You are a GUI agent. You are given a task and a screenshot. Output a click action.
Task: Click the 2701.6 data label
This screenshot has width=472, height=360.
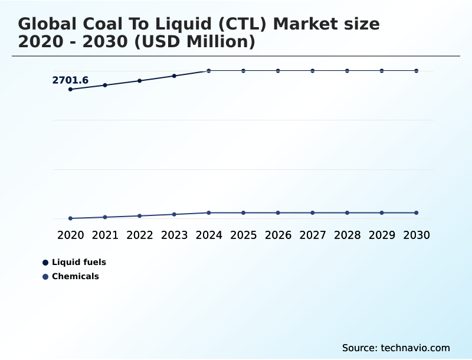[70, 80]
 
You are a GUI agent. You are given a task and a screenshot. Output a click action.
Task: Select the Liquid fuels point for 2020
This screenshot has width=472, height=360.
[70, 89]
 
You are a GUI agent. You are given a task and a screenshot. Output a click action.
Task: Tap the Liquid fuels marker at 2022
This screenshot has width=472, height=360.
[140, 81]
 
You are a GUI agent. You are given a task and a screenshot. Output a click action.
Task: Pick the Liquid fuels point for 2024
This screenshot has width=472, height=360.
[209, 71]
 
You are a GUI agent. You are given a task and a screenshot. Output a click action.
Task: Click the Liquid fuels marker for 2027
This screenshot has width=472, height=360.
[313, 71]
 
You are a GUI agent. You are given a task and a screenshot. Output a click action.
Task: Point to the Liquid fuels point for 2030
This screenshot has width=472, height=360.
[417, 71]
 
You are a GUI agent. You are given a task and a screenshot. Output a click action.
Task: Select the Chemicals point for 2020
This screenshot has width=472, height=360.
[70, 218]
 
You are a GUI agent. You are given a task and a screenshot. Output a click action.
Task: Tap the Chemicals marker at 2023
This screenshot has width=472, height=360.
[174, 214]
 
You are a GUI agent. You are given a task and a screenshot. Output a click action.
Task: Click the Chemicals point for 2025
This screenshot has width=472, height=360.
[243, 212]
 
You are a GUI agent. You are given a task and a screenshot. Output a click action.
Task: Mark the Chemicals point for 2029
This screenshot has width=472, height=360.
[382, 212]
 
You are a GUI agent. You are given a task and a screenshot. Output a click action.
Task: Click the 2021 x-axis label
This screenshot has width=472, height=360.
[105, 235]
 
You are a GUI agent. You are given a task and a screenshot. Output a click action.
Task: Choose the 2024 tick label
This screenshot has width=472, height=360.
[209, 235]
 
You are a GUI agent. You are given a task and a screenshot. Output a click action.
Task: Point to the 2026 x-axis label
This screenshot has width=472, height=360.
[278, 235]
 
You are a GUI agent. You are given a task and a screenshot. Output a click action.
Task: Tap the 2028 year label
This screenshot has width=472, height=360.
[348, 235]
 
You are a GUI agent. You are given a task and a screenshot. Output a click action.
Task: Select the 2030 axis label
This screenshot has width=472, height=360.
[417, 235]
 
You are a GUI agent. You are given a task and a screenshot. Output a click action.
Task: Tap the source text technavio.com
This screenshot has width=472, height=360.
[415, 348]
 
